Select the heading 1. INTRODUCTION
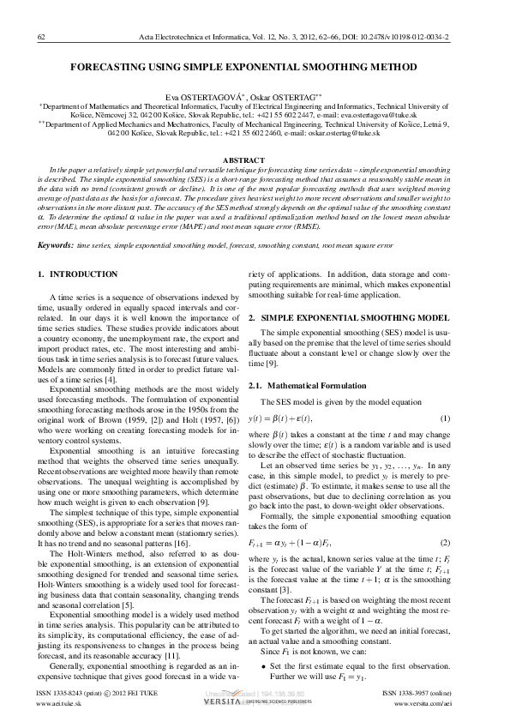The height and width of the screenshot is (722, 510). pyautogui.click(x=79, y=275)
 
